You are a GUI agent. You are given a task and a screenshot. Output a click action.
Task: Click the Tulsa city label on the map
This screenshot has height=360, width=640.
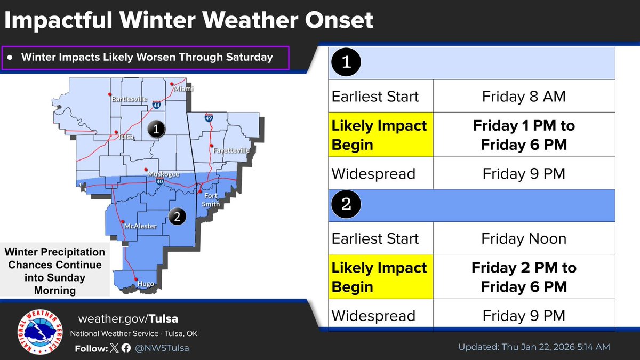click(125, 137)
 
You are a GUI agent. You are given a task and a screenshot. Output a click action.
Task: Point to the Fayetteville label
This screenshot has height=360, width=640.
click(231, 150)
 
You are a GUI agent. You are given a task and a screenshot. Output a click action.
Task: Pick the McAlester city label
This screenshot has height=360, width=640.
click(140, 226)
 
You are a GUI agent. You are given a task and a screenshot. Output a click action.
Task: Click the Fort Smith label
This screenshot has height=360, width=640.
click(211, 199)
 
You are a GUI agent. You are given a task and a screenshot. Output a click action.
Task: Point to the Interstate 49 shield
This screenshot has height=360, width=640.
click(209, 118)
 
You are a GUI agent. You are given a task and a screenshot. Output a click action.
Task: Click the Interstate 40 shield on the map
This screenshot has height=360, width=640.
click(160, 182)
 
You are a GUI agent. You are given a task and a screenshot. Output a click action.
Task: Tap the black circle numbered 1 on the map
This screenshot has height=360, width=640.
click(155, 129)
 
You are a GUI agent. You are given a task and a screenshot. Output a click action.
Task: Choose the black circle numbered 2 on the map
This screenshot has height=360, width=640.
click(177, 217)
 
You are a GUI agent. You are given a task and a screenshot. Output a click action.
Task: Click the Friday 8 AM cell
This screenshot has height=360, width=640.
click(523, 97)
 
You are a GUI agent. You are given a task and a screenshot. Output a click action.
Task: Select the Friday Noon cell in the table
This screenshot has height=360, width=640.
click(523, 238)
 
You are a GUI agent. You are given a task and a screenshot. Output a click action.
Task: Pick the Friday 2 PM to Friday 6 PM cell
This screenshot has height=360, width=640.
click(523, 277)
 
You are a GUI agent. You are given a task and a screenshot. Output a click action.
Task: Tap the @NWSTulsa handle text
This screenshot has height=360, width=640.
click(162, 348)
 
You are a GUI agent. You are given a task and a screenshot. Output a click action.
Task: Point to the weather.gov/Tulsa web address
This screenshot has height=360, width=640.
click(128, 319)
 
